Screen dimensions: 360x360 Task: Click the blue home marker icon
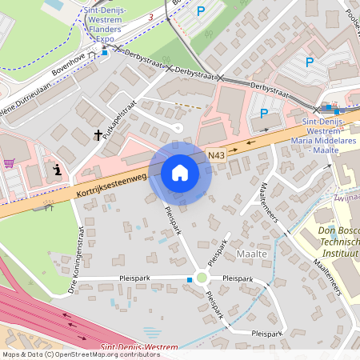coord(180,172)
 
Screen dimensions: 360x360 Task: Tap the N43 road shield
coord(215,153)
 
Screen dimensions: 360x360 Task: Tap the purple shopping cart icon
coord(9,163)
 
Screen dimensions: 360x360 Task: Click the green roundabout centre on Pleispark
coord(202,278)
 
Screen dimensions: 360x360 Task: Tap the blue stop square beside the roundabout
coord(189,279)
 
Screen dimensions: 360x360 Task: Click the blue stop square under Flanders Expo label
coord(103,53)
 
